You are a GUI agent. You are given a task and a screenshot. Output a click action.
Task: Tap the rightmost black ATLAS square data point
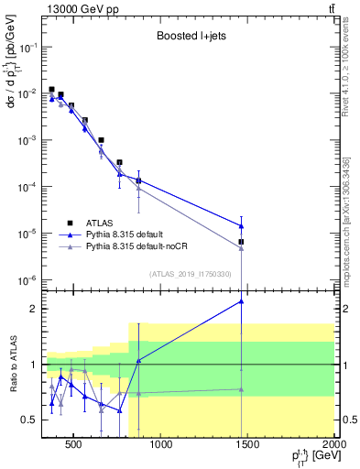(x=241, y=242)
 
